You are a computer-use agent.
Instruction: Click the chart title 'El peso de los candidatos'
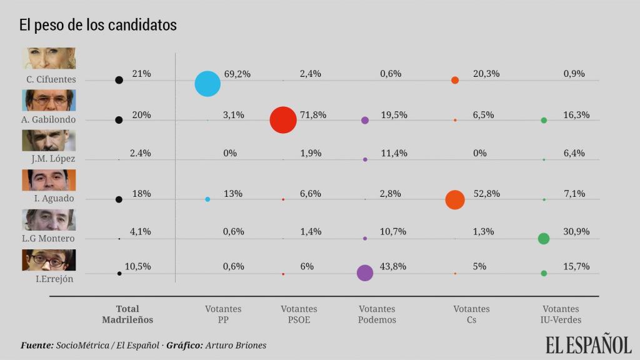pyautogui.click(x=98, y=25)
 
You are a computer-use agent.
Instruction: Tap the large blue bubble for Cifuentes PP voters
pyautogui.click(x=207, y=83)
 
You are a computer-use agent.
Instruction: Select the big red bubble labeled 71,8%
pyautogui.click(x=283, y=119)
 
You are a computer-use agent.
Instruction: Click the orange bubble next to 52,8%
pyautogui.click(x=455, y=200)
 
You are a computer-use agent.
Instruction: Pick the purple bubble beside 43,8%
pyautogui.click(x=365, y=272)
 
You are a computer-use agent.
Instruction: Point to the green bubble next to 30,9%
pyautogui.click(x=544, y=238)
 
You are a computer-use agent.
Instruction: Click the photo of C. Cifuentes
pyautogui.click(x=49, y=58)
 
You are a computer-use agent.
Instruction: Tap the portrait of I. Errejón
pyautogui.click(x=49, y=260)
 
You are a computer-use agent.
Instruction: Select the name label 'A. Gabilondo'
pyautogui.click(x=49, y=119)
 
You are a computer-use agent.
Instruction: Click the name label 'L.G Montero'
pyautogui.click(x=49, y=238)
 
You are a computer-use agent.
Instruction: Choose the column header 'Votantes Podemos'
pyautogui.click(x=377, y=314)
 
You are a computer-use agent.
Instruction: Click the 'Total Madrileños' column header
pyautogui.click(x=127, y=314)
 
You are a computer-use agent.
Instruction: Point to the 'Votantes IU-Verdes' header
pyautogui.click(x=561, y=314)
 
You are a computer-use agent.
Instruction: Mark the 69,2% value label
pyautogui.click(x=237, y=74)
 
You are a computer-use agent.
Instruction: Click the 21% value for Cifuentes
pyautogui.click(x=141, y=74)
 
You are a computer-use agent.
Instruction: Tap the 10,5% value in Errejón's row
pyautogui.click(x=138, y=266)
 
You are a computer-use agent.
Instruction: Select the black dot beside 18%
pyautogui.click(x=119, y=199)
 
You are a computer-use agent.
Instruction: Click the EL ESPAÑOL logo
pyautogui.click(x=588, y=344)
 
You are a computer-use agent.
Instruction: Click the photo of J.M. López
pyautogui.click(x=49, y=140)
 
